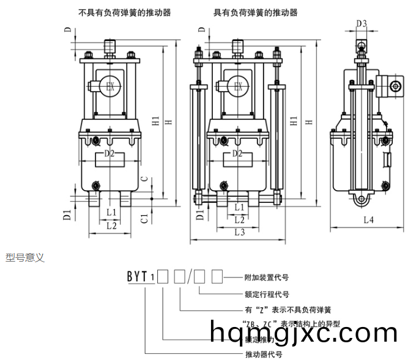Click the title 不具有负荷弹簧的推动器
pos(125,12)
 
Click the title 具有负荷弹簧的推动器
pos(255,12)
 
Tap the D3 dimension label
pos(362,24)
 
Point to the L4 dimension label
pos(368,220)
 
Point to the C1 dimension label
pos(143,217)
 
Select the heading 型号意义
pos(25,259)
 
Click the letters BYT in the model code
pos(137,277)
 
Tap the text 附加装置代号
pos(266,277)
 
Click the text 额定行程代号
pos(266,293)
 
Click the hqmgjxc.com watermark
pos(303,332)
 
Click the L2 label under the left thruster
pos(111,226)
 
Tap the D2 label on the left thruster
pos(109,153)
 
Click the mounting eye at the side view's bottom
pos(361,199)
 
